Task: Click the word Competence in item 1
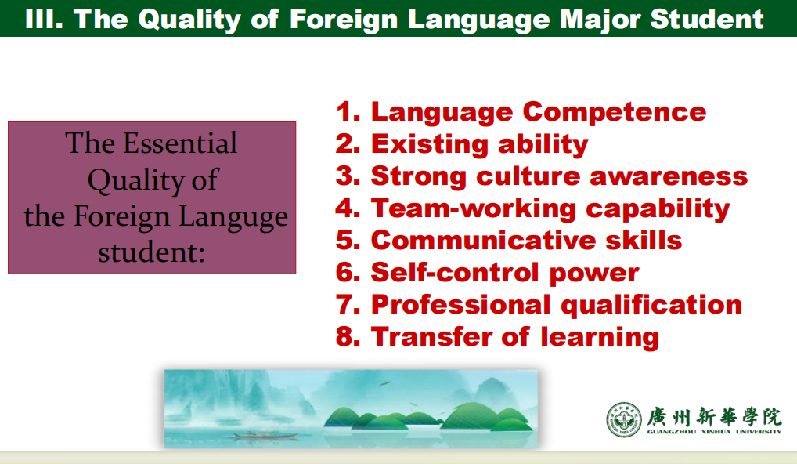[x=615, y=111]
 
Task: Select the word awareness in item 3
[x=669, y=176]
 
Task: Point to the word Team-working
[x=473, y=208]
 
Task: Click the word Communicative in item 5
[x=483, y=240]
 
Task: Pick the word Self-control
[x=455, y=272]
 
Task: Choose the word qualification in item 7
[x=651, y=305]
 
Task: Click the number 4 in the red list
[x=348, y=208]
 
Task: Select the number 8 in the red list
[x=348, y=337]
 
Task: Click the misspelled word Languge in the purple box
[x=233, y=217]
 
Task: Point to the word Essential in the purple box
[x=180, y=143]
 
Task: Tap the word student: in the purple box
[x=151, y=252]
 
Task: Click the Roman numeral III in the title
[x=44, y=20]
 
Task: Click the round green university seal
[x=624, y=420]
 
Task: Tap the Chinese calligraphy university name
[x=714, y=416]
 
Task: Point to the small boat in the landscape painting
[x=265, y=435]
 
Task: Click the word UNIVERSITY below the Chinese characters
[x=759, y=432]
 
